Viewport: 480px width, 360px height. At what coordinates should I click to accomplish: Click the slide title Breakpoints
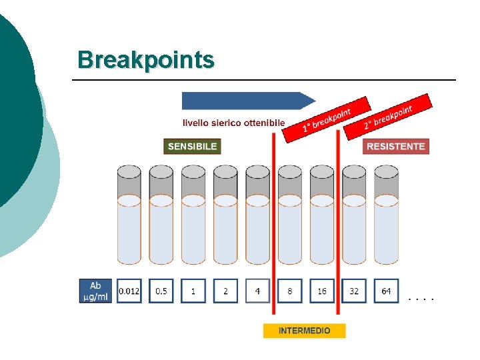(146, 59)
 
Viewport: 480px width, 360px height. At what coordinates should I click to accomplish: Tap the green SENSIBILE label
(192, 146)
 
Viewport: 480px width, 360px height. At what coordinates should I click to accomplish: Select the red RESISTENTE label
(396, 146)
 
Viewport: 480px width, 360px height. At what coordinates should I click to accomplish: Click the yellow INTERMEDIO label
(304, 331)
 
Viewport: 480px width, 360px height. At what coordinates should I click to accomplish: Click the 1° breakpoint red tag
(327, 119)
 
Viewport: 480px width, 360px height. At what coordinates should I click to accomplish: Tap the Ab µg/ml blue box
(96, 291)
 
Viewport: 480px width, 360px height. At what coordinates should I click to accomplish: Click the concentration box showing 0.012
(129, 291)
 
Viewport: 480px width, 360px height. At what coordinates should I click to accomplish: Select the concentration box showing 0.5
(161, 291)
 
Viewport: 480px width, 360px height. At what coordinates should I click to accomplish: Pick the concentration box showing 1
(193, 291)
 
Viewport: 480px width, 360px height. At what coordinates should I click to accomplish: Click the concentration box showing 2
(225, 291)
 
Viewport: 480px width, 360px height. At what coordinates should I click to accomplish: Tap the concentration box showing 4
(257, 291)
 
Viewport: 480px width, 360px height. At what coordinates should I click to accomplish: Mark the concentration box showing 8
(290, 291)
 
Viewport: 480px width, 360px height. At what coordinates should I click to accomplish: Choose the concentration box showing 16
(322, 291)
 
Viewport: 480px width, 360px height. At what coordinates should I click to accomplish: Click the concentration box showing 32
(354, 291)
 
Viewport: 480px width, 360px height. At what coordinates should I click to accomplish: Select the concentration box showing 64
(387, 291)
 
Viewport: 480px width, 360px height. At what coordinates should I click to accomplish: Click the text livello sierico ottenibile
(234, 123)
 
